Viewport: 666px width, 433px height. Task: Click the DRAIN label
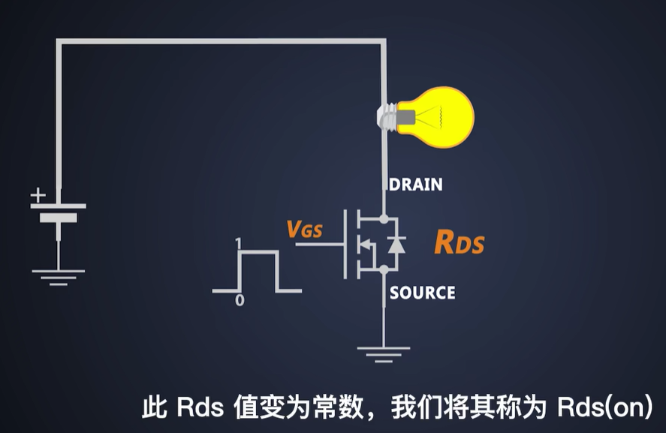point(415,184)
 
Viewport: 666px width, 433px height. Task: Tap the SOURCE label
point(422,293)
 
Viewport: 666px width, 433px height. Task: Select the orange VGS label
point(304,230)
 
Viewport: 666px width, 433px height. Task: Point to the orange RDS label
point(459,243)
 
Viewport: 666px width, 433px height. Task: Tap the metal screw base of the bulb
point(387,117)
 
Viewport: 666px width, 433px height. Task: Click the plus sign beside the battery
point(38,195)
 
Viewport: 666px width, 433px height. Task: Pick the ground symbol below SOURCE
point(384,352)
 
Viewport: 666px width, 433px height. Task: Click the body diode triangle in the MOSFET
point(397,245)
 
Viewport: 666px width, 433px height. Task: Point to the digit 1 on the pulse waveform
point(237,243)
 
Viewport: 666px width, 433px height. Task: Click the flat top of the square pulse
point(258,253)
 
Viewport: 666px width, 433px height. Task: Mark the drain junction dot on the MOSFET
point(384,219)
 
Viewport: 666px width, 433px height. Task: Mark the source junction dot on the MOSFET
point(384,269)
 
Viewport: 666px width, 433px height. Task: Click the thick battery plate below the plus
point(59,218)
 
